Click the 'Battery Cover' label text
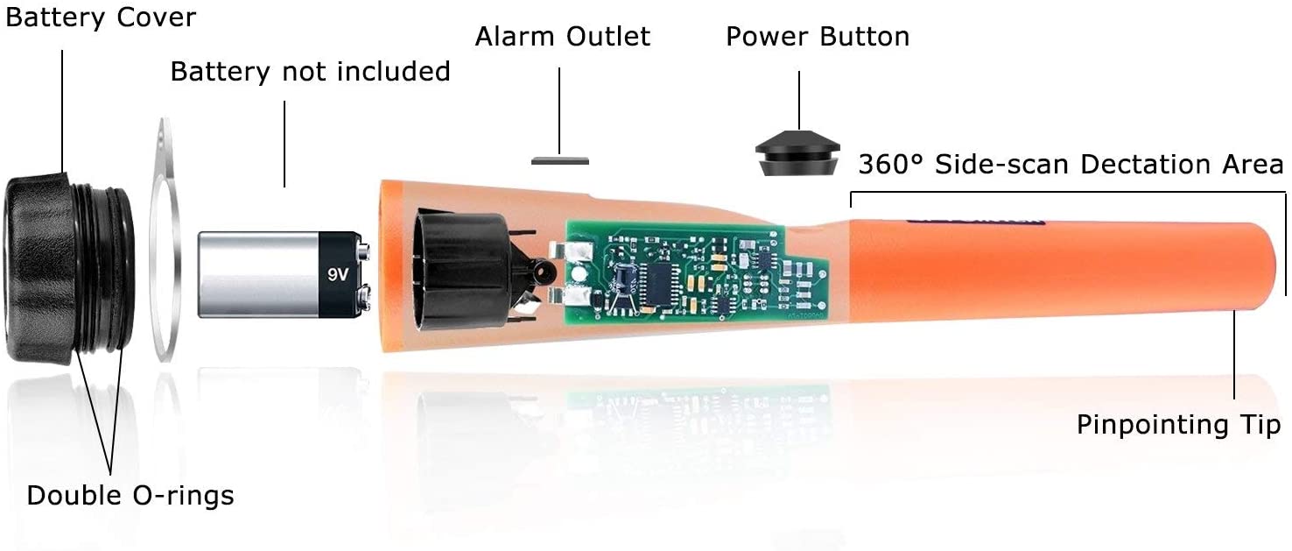(x=101, y=18)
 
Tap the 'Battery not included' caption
(x=311, y=72)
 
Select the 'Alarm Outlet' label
(x=562, y=36)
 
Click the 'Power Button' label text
(x=818, y=36)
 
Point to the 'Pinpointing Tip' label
(x=1179, y=425)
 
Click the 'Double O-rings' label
(x=130, y=496)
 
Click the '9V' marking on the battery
(x=338, y=275)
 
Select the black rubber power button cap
(x=797, y=153)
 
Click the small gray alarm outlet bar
(x=560, y=161)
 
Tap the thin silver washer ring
(x=165, y=240)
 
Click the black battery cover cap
(x=69, y=269)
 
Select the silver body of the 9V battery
(x=258, y=275)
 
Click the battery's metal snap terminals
(x=364, y=275)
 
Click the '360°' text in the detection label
(x=891, y=165)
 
